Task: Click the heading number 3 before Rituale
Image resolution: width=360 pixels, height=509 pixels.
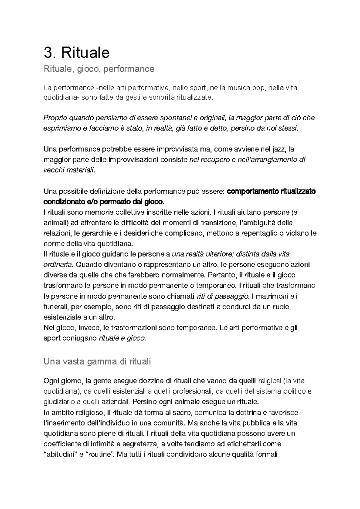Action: [x=48, y=53]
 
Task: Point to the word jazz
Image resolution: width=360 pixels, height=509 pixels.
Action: [x=279, y=149]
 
